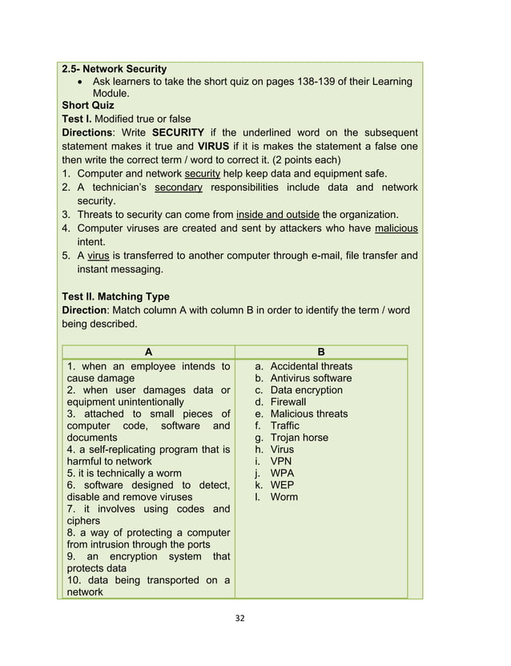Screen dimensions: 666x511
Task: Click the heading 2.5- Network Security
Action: click(115, 69)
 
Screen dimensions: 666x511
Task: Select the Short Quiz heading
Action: click(88, 106)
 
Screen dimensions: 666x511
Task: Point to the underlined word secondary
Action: click(178, 188)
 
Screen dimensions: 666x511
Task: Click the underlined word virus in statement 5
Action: click(98, 256)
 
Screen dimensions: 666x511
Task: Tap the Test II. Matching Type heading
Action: click(115, 297)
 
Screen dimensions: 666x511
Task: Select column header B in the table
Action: click(321, 352)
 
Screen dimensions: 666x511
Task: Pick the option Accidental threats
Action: click(311, 366)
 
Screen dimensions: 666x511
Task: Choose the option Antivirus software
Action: click(311, 378)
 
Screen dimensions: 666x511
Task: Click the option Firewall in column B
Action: click(288, 402)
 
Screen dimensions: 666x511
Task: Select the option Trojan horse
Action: click(299, 438)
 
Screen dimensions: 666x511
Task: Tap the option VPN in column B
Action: click(281, 462)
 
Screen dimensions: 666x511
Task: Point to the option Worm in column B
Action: click(284, 497)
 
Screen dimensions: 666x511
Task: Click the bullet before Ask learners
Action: click(82, 82)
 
